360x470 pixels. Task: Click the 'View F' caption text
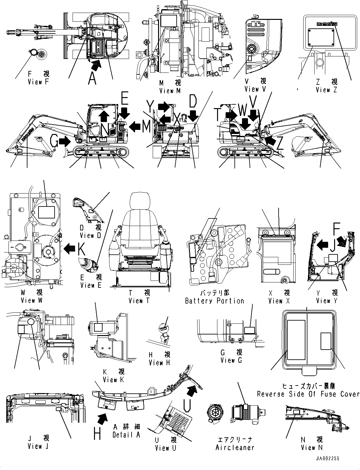point(39,82)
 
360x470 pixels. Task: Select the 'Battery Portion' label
point(215,301)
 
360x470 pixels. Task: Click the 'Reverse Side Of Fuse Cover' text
point(308,394)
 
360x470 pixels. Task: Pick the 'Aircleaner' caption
point(235,448)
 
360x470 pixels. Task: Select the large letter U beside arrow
point(186,405)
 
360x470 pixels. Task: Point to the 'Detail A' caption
point(126,435)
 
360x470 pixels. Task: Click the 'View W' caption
point(32,300)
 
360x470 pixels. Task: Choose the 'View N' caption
point(311,448)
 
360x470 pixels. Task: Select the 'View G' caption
point(231,360)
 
